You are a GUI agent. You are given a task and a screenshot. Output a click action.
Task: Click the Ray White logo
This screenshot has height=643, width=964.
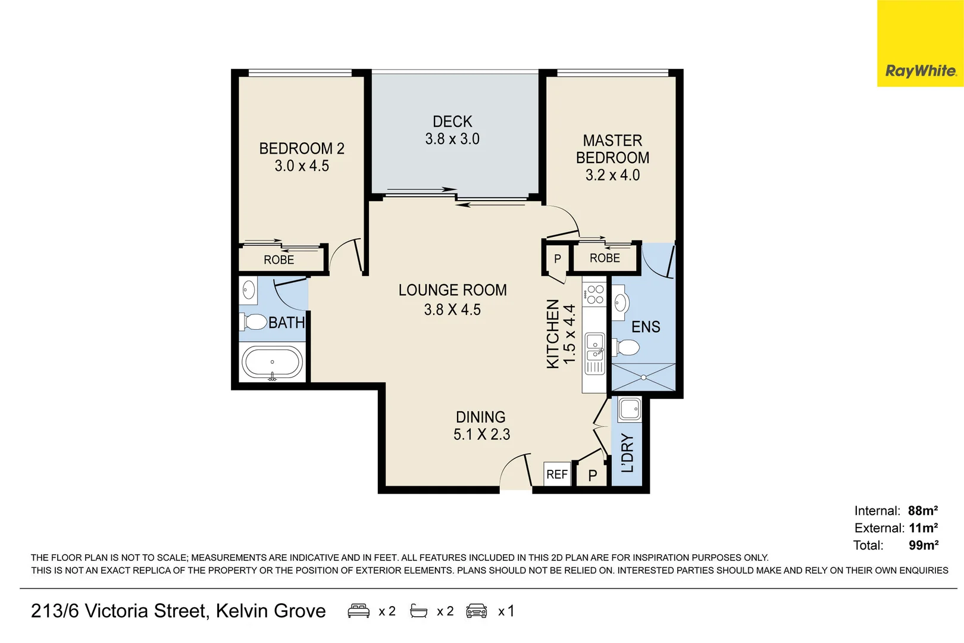[x=920, y=71]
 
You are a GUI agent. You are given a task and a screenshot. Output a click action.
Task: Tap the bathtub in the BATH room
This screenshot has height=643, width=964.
[x=273, y=362]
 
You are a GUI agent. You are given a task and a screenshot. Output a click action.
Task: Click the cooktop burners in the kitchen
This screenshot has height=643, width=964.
[x=594, y=294]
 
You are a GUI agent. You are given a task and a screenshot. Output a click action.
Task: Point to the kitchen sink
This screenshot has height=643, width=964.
[x=594, y=348]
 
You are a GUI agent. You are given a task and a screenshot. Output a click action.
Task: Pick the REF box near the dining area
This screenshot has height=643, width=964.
[x=557, y=475]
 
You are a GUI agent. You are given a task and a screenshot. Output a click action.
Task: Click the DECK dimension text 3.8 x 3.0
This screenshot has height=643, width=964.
[x=452, y=139]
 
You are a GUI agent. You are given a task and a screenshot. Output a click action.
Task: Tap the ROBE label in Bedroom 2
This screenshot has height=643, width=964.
[x=279, y=260]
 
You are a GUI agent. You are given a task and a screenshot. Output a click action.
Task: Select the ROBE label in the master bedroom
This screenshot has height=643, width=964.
[x=605, y=258]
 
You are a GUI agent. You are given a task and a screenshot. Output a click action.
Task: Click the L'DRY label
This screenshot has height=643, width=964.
[x=627, y=453]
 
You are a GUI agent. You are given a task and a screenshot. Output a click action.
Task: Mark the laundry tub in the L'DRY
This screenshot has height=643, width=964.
[x=630, y=409]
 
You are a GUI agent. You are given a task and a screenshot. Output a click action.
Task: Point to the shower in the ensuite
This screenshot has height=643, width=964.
[x=643, y=377]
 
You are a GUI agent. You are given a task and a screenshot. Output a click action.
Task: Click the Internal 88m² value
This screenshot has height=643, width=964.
[x=922, y=511]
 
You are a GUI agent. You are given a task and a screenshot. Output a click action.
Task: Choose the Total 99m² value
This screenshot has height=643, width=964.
[x=923, y=545]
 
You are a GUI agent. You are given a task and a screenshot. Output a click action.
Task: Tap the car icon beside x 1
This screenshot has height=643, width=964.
[x=477, y=611]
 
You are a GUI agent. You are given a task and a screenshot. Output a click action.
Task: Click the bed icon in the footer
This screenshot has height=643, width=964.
[x=358, y=611]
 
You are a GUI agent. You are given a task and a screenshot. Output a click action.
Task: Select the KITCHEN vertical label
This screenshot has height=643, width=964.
[x=553, y=334]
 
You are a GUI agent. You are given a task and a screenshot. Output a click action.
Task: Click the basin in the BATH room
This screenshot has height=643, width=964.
[x=249, y=291]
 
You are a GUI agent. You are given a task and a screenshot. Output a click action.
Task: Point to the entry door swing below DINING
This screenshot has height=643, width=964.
[x=515, y=472]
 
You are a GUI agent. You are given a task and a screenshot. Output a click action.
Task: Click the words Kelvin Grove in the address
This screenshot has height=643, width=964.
[x=271, y=611]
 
